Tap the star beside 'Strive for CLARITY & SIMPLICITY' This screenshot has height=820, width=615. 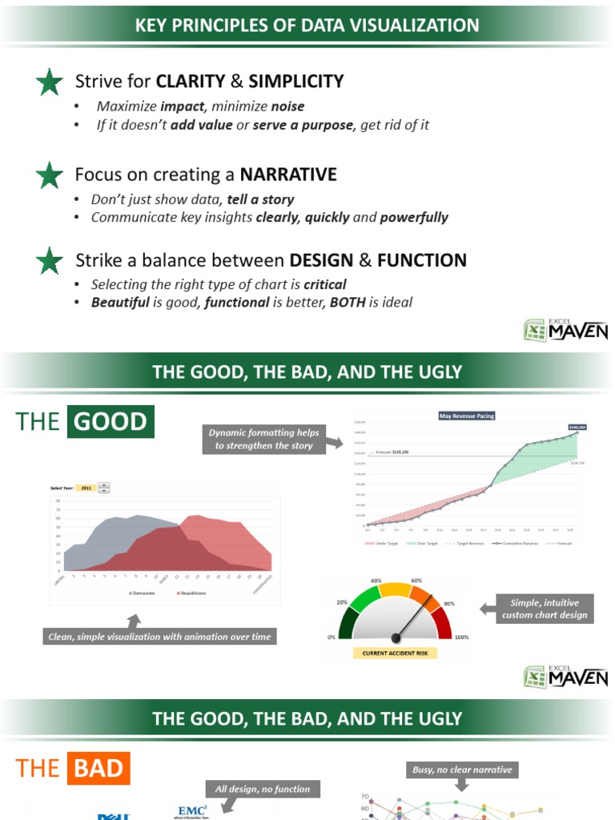click(x=50, y=82)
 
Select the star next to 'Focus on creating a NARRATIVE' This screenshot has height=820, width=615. click(x=50, y=175)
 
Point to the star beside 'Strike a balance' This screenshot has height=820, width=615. click(x=50, y=260)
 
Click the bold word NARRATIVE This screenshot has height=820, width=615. click(x=288, y=175)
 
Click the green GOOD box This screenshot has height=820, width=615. click(x=111, y=421)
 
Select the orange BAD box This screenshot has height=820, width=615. click(x=99, y=770)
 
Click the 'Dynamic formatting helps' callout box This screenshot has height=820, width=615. click(x=263, y=439)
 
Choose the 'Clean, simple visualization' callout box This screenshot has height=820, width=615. click(x=160, y=637)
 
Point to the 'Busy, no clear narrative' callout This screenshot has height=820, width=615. click(x=462, y=770)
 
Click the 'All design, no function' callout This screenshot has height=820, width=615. click(x=263, y=789)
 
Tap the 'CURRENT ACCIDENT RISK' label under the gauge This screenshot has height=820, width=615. click(x=396, y=653)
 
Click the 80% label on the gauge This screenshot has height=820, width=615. click(x=449, y=603)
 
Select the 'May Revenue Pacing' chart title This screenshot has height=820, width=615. click(x=468, y=416)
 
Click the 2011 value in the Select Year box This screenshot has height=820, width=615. click(x=86, y=487)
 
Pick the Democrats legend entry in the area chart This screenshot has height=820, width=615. click(x=143, y=593)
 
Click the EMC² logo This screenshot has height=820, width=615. click(x=192, y=810)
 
